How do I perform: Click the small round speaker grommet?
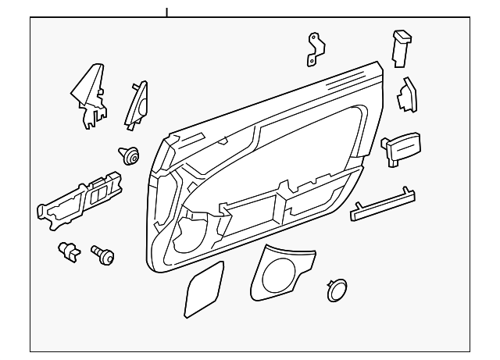coord(337,289)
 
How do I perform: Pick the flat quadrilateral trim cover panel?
coord(203,290)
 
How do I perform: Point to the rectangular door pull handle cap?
coord(402,148)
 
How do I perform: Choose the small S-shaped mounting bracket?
coord(315,48)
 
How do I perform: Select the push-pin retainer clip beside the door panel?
coord(128,156)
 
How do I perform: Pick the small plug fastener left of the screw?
coord(70,251)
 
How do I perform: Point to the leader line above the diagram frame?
coord(166,11)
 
